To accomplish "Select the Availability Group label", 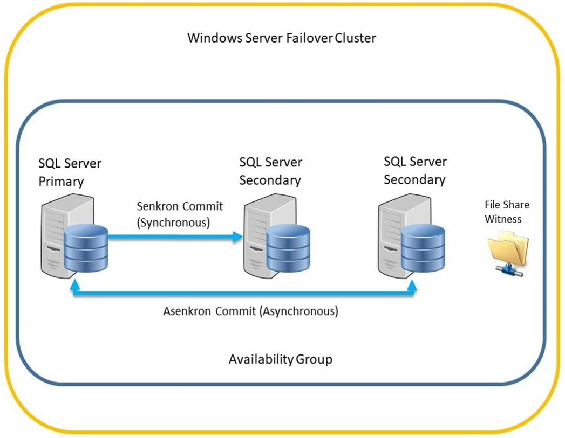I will pos(280,359).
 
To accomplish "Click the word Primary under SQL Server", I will pos(60,182).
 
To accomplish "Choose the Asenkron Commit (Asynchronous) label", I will pos(250,311).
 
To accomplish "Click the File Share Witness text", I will pos(507,212).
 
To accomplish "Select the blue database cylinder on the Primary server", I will pos(86,248).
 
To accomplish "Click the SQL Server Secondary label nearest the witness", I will pos(415,170).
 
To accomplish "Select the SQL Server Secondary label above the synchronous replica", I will pos(270,171).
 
